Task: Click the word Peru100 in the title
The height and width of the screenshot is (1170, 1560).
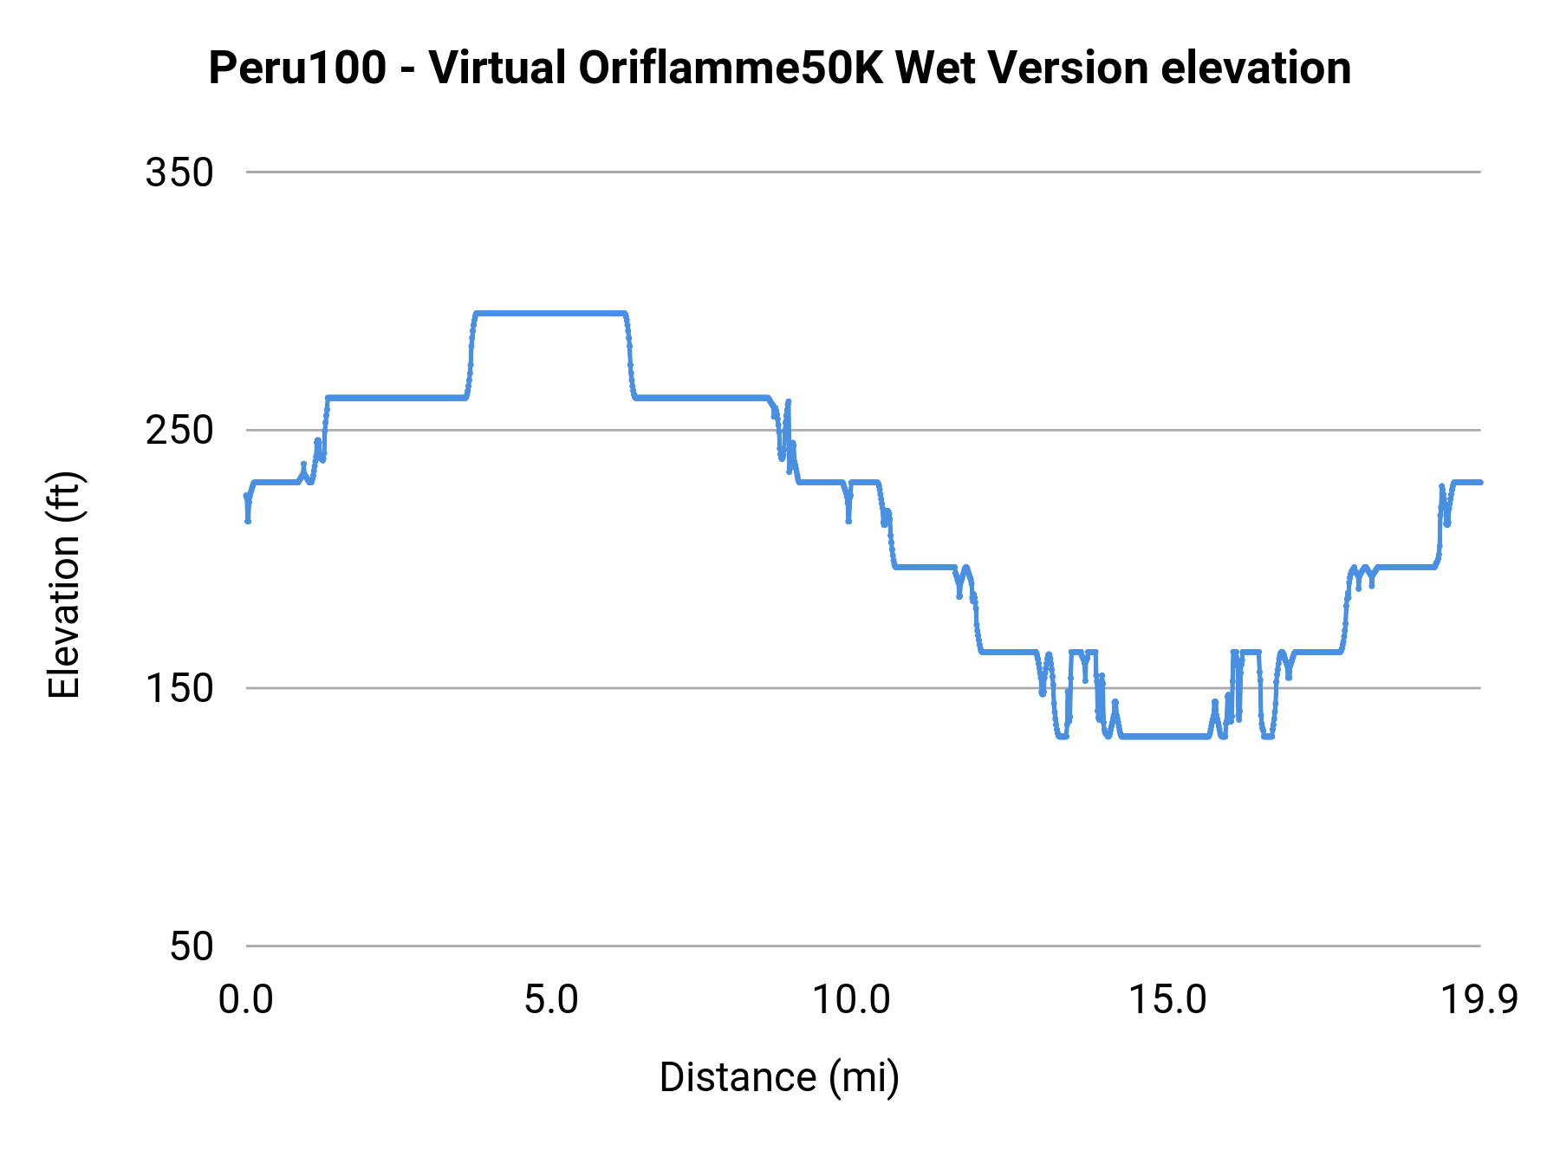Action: click(297, 68)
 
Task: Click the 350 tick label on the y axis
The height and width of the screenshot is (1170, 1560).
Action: click(179, 172)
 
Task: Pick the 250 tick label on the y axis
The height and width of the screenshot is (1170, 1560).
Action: click(179, 430)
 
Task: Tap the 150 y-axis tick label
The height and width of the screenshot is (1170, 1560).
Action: click(179, 688)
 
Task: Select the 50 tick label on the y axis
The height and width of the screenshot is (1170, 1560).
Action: click(191, 946)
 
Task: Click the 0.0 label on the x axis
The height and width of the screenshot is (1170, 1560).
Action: click(246, 1000)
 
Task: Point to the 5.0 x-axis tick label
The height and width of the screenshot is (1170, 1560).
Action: click(551, 1000)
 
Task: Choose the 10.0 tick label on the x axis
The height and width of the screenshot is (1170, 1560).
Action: click(850, 1000)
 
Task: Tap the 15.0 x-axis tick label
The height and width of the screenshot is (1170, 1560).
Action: click(1167, 1000)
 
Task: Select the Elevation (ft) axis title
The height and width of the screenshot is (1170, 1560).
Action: click(64, 585)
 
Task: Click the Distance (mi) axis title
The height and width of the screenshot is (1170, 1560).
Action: click(779, 1077)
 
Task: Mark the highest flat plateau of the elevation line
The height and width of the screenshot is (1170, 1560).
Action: click(549, 313)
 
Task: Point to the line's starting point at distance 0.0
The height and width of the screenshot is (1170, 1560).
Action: click(247, 496)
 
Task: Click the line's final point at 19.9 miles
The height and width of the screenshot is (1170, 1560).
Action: click(1480, 482)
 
